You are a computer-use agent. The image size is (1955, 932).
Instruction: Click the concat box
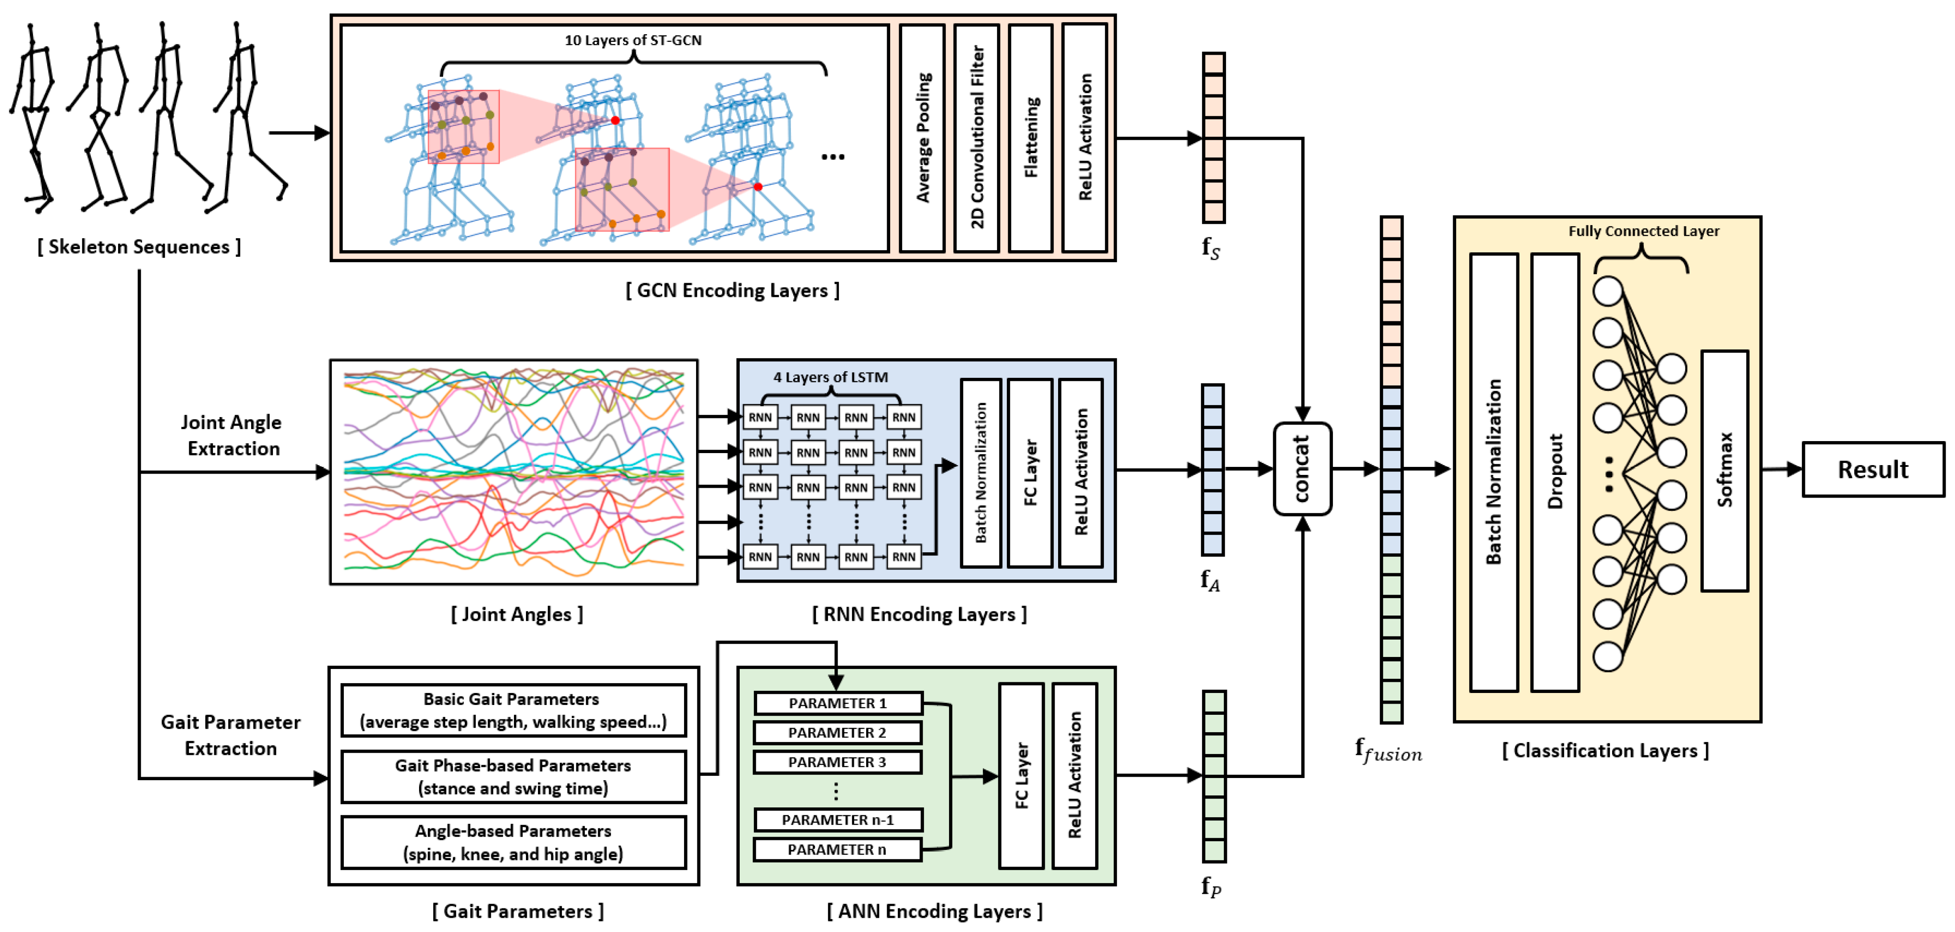[1302, 469]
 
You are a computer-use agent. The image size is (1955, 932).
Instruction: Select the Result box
[1872, 470]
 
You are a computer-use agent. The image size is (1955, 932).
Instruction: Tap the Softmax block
[1724, 470]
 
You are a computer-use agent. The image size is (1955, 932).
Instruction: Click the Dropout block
[1554, 472]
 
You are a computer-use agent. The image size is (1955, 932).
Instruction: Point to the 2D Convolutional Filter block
[977, 138]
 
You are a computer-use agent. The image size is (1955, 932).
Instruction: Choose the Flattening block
[1030, 138]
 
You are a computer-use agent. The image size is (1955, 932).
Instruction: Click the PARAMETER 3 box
[837, 762]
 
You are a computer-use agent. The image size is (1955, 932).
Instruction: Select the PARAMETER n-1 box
[838, 820]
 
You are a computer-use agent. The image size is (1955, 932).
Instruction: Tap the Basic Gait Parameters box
[513, 710]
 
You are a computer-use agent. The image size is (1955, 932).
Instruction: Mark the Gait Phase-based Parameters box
[513, 777]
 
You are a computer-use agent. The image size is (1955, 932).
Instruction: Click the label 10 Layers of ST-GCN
[633, 40]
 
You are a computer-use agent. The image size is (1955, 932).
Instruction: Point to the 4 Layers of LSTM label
[830, 377]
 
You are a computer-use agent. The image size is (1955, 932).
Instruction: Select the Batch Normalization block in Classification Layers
[1493, 472]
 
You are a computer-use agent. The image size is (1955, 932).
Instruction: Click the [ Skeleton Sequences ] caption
[139, 247]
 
